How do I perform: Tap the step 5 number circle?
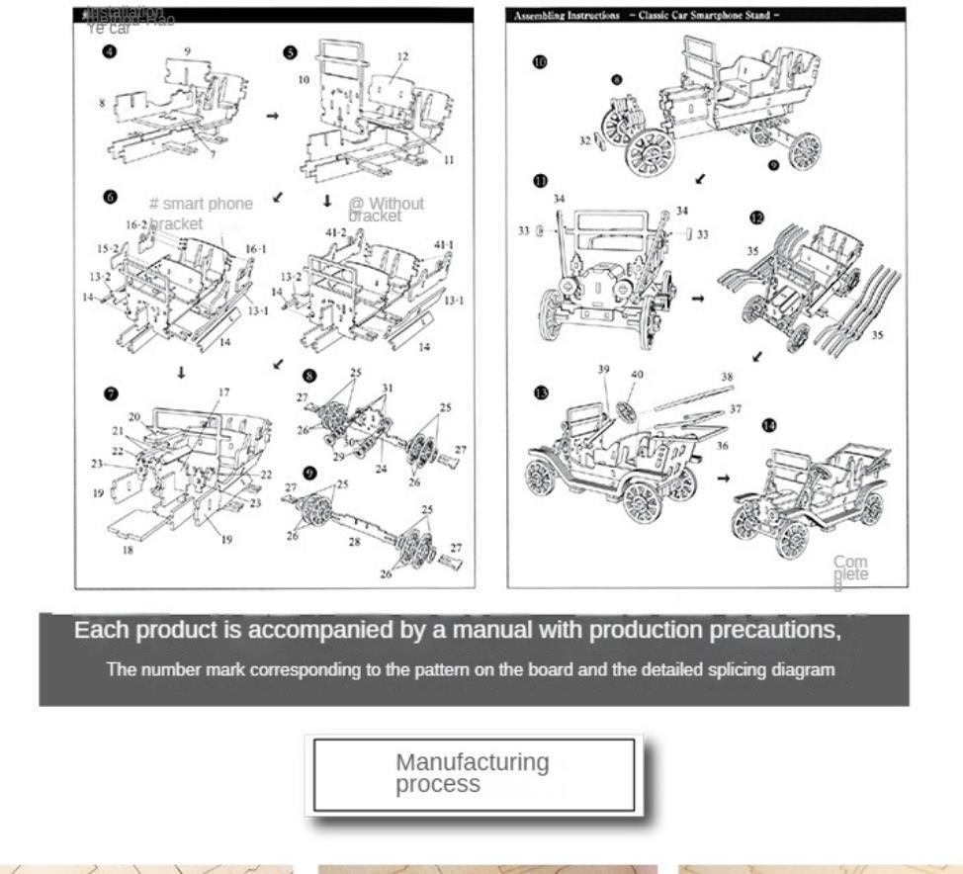tap(290, 52)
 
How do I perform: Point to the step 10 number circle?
tap(539, 61)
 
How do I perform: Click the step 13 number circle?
tap(540, 393)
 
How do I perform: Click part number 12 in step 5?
tap(401, 57)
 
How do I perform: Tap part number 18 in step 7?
tap(127, 551)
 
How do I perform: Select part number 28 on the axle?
tap(355, 542)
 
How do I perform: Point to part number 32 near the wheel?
tap(584, 141)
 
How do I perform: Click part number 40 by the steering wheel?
tap(637, 374)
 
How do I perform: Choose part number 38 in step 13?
tap(727, 377)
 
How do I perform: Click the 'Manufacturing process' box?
tap(474, 774)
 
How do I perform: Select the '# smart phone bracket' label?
tap(201, 212)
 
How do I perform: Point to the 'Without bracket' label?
tap(386, 209)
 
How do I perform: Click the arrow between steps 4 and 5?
tap(273, 116)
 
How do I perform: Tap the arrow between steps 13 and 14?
tap(723, 479)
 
